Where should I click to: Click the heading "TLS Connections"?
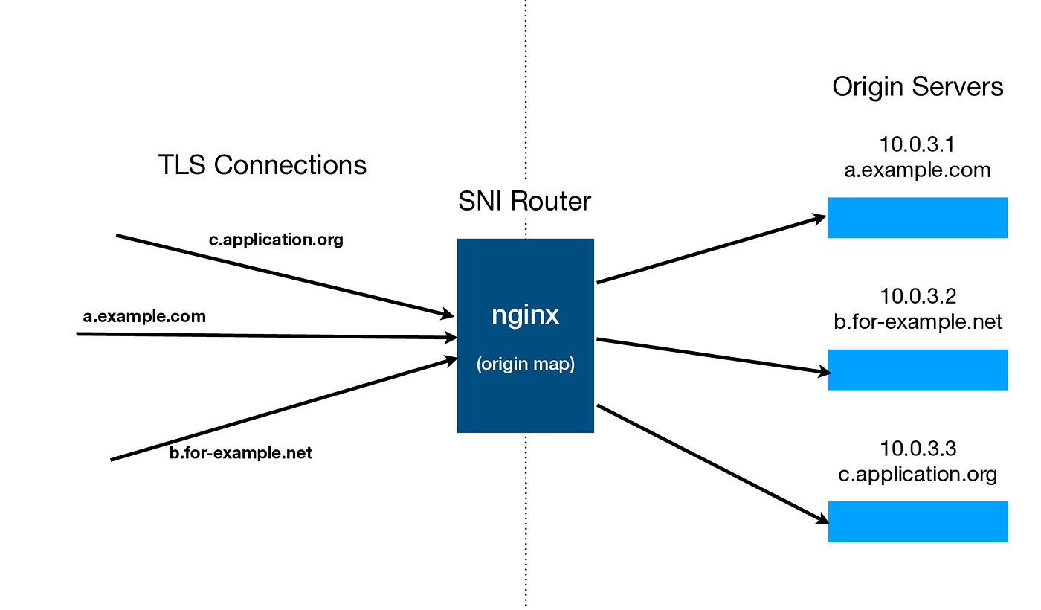(x=262, y=164)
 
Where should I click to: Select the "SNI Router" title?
(x=524, y=201)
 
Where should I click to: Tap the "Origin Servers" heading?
(x=918, y=87)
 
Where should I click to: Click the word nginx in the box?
(x=525, y=315)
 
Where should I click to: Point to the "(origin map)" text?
(x=525, y=365)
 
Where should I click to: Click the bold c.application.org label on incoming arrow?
(x=277, y=240)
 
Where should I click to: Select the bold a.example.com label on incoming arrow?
(x=144, y=316)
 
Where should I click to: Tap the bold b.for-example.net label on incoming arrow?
(x=241, y=452)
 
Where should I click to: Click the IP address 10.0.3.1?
(x=918, y=144)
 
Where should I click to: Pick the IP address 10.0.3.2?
(x=918, y=296)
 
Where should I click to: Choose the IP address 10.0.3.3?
(x=918, y=449)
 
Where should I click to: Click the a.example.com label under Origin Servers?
(x=918, y=170)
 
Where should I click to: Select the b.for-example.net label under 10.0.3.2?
(x=918, y=321)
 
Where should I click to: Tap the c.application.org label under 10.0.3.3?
(x=918, y=474)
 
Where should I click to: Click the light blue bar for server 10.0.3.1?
(x=918, y=217)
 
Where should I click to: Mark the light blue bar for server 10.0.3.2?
(x=918, y=370)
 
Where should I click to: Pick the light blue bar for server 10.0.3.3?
(x=918, y=521)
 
